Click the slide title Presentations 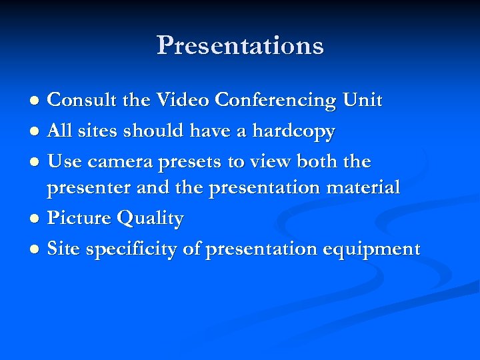pyautogui.click(x=240, y=45)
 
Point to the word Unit pyautogui.click(x=363, y=101)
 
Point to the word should pyautogui.click(x=154, y=131)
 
